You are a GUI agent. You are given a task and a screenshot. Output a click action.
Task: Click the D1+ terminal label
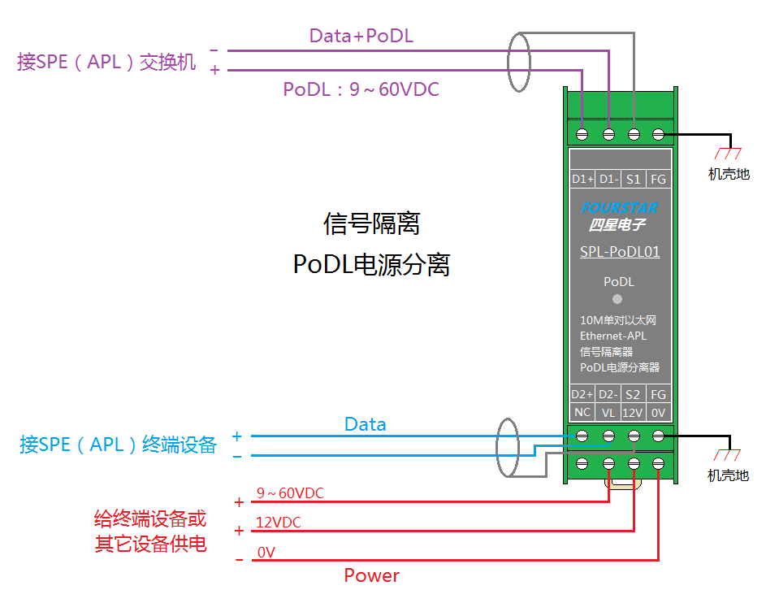coord(582,179)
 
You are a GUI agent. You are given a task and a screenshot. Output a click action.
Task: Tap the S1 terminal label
coord(633,179)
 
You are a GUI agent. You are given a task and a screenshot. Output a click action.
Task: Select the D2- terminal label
coord(608,394)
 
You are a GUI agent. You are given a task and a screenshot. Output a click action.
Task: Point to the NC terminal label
coord(582,412)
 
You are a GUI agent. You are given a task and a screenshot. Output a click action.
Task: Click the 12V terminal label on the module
coord(633,413)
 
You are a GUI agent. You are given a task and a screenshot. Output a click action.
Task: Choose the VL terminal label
coord(608,413)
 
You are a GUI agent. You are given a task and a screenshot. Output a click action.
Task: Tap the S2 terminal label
coord(633,394)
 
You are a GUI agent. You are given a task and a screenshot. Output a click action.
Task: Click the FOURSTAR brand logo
coord(620,207)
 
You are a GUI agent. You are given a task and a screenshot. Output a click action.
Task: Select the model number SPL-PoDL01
coord(620,252)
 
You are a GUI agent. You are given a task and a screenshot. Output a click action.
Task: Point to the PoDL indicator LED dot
coord(617,299)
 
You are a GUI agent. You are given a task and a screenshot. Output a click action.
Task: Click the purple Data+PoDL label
coord(361,36)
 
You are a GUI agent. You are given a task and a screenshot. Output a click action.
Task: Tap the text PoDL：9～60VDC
coord(361,89)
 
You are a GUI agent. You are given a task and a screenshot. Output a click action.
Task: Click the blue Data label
coord(366,424)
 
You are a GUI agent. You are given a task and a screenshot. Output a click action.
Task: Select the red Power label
coord(371,575)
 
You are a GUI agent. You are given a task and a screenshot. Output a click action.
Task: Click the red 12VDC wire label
coord(278,523)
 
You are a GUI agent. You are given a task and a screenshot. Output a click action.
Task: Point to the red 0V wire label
coord(266,553)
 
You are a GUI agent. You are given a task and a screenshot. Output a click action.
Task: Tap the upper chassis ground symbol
coord(728,153)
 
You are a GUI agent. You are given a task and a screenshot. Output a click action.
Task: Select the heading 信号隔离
coord(371,223)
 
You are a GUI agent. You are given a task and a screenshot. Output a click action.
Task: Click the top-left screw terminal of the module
coord(582,134)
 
